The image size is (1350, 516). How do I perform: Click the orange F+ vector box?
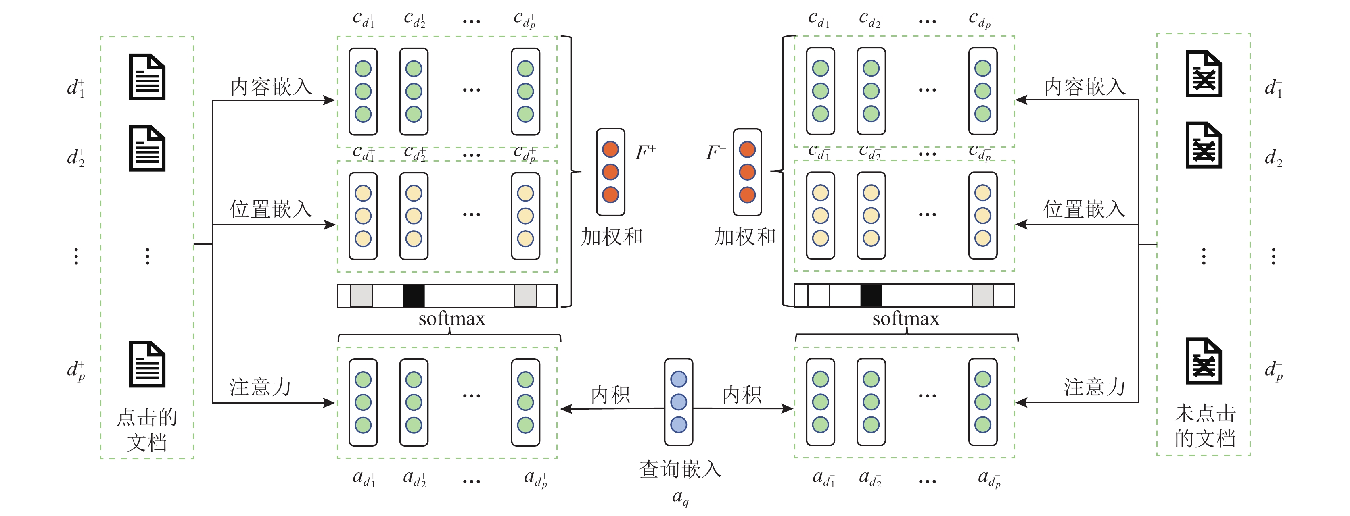(610, 172)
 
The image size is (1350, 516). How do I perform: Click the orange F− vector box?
(747, 172)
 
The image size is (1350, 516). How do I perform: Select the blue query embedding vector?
(678, 402)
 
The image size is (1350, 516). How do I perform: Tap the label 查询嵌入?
(680, 469)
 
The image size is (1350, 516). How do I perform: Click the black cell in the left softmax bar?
(414, 296)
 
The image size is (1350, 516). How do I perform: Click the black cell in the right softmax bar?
(871, 295)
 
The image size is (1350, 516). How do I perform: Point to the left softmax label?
(452, 318)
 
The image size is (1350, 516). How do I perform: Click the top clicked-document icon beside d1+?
(147, 77)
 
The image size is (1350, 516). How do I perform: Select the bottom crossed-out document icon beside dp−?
(1204, 362)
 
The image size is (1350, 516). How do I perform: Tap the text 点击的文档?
(147, 430)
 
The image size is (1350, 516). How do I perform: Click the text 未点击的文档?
(1205, 426)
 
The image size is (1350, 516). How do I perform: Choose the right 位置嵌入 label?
(1084, 209)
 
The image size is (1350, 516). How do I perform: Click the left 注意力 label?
(260, 387)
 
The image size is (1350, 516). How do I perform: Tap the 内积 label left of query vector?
(610, 395)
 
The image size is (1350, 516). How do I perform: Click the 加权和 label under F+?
(612, 237)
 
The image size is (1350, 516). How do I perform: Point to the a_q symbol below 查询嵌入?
(680, 497)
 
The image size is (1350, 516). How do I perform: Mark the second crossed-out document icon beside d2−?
(1204, 145)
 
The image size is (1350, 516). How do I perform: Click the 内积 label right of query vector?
(742, 395)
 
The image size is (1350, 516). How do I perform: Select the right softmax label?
(906, 318)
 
